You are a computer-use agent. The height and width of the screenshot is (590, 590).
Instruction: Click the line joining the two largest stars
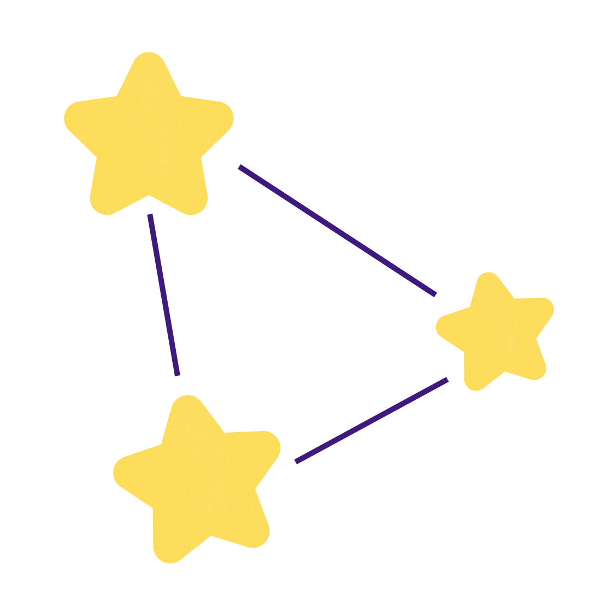(x=163, y=295)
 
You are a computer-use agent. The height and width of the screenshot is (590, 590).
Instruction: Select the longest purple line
(x=337, y=230)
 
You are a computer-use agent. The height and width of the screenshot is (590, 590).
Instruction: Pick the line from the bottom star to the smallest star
(x=371, y=420)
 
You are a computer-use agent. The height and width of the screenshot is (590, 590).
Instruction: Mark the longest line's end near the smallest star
(x=435, y=294)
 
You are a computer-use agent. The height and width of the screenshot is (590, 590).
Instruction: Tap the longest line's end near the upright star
(x=240, y=167)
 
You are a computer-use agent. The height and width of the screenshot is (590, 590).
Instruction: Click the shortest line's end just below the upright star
(x=150, y=215)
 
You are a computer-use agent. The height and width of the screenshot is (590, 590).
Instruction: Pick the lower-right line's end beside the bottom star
(x=296, y=462)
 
